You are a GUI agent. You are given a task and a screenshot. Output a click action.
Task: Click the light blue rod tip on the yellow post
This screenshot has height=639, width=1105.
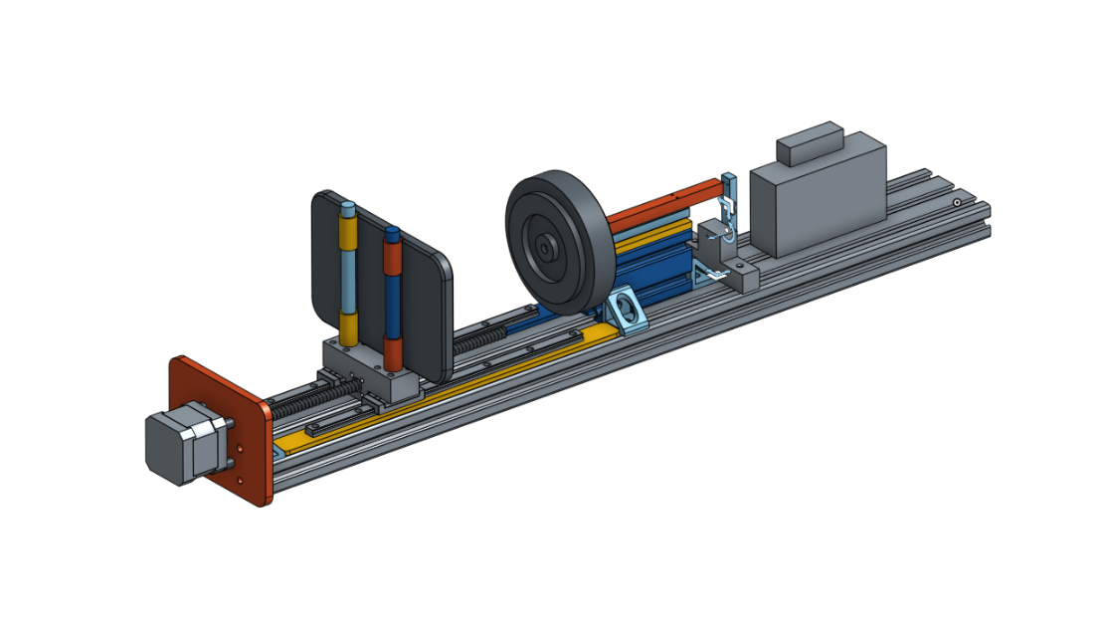348,209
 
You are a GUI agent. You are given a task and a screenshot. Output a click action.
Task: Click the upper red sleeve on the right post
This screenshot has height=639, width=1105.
393,259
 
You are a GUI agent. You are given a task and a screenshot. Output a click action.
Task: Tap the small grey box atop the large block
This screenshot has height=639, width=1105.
810,143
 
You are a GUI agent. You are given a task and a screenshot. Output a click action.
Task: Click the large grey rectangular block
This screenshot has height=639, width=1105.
816,204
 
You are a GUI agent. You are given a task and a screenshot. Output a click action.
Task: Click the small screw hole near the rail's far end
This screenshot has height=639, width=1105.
956,202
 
